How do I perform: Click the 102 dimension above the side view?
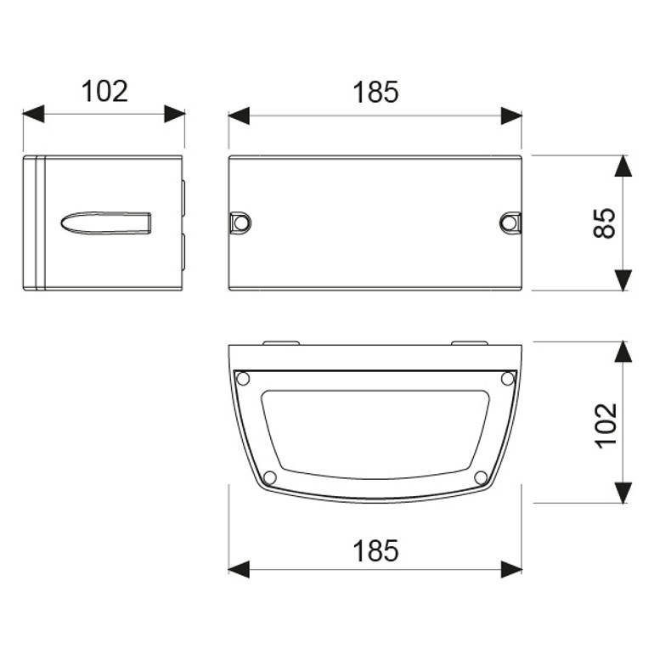(104, 92)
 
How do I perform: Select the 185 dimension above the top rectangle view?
(375, 93)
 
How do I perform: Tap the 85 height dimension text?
(605, 223)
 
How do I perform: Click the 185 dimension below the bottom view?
(375, 550)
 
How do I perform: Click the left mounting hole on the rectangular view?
(240, 223)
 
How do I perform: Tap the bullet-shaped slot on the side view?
(106, 223)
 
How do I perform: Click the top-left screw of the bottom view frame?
(243, 379)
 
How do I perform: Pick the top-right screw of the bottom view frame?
(508, 379)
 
